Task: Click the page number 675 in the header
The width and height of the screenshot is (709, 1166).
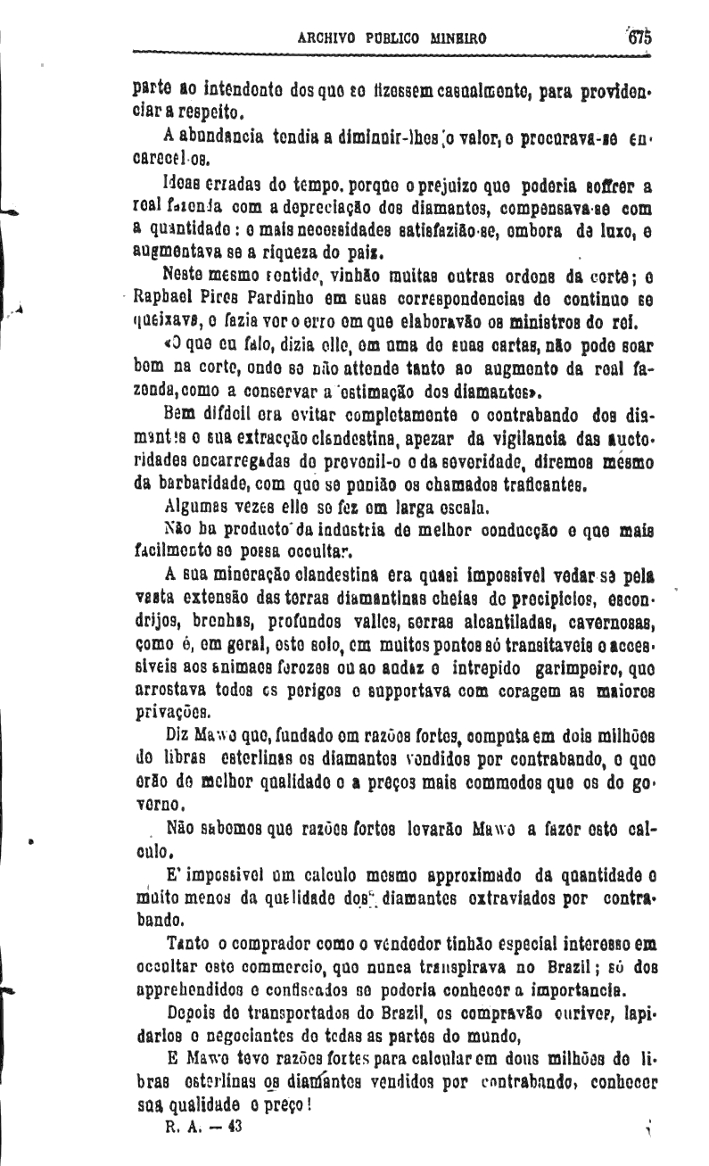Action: click(639, 38)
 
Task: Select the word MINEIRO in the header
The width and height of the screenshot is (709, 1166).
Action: click(458, 39)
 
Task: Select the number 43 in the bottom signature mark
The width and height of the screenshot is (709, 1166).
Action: click(235, 1127)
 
